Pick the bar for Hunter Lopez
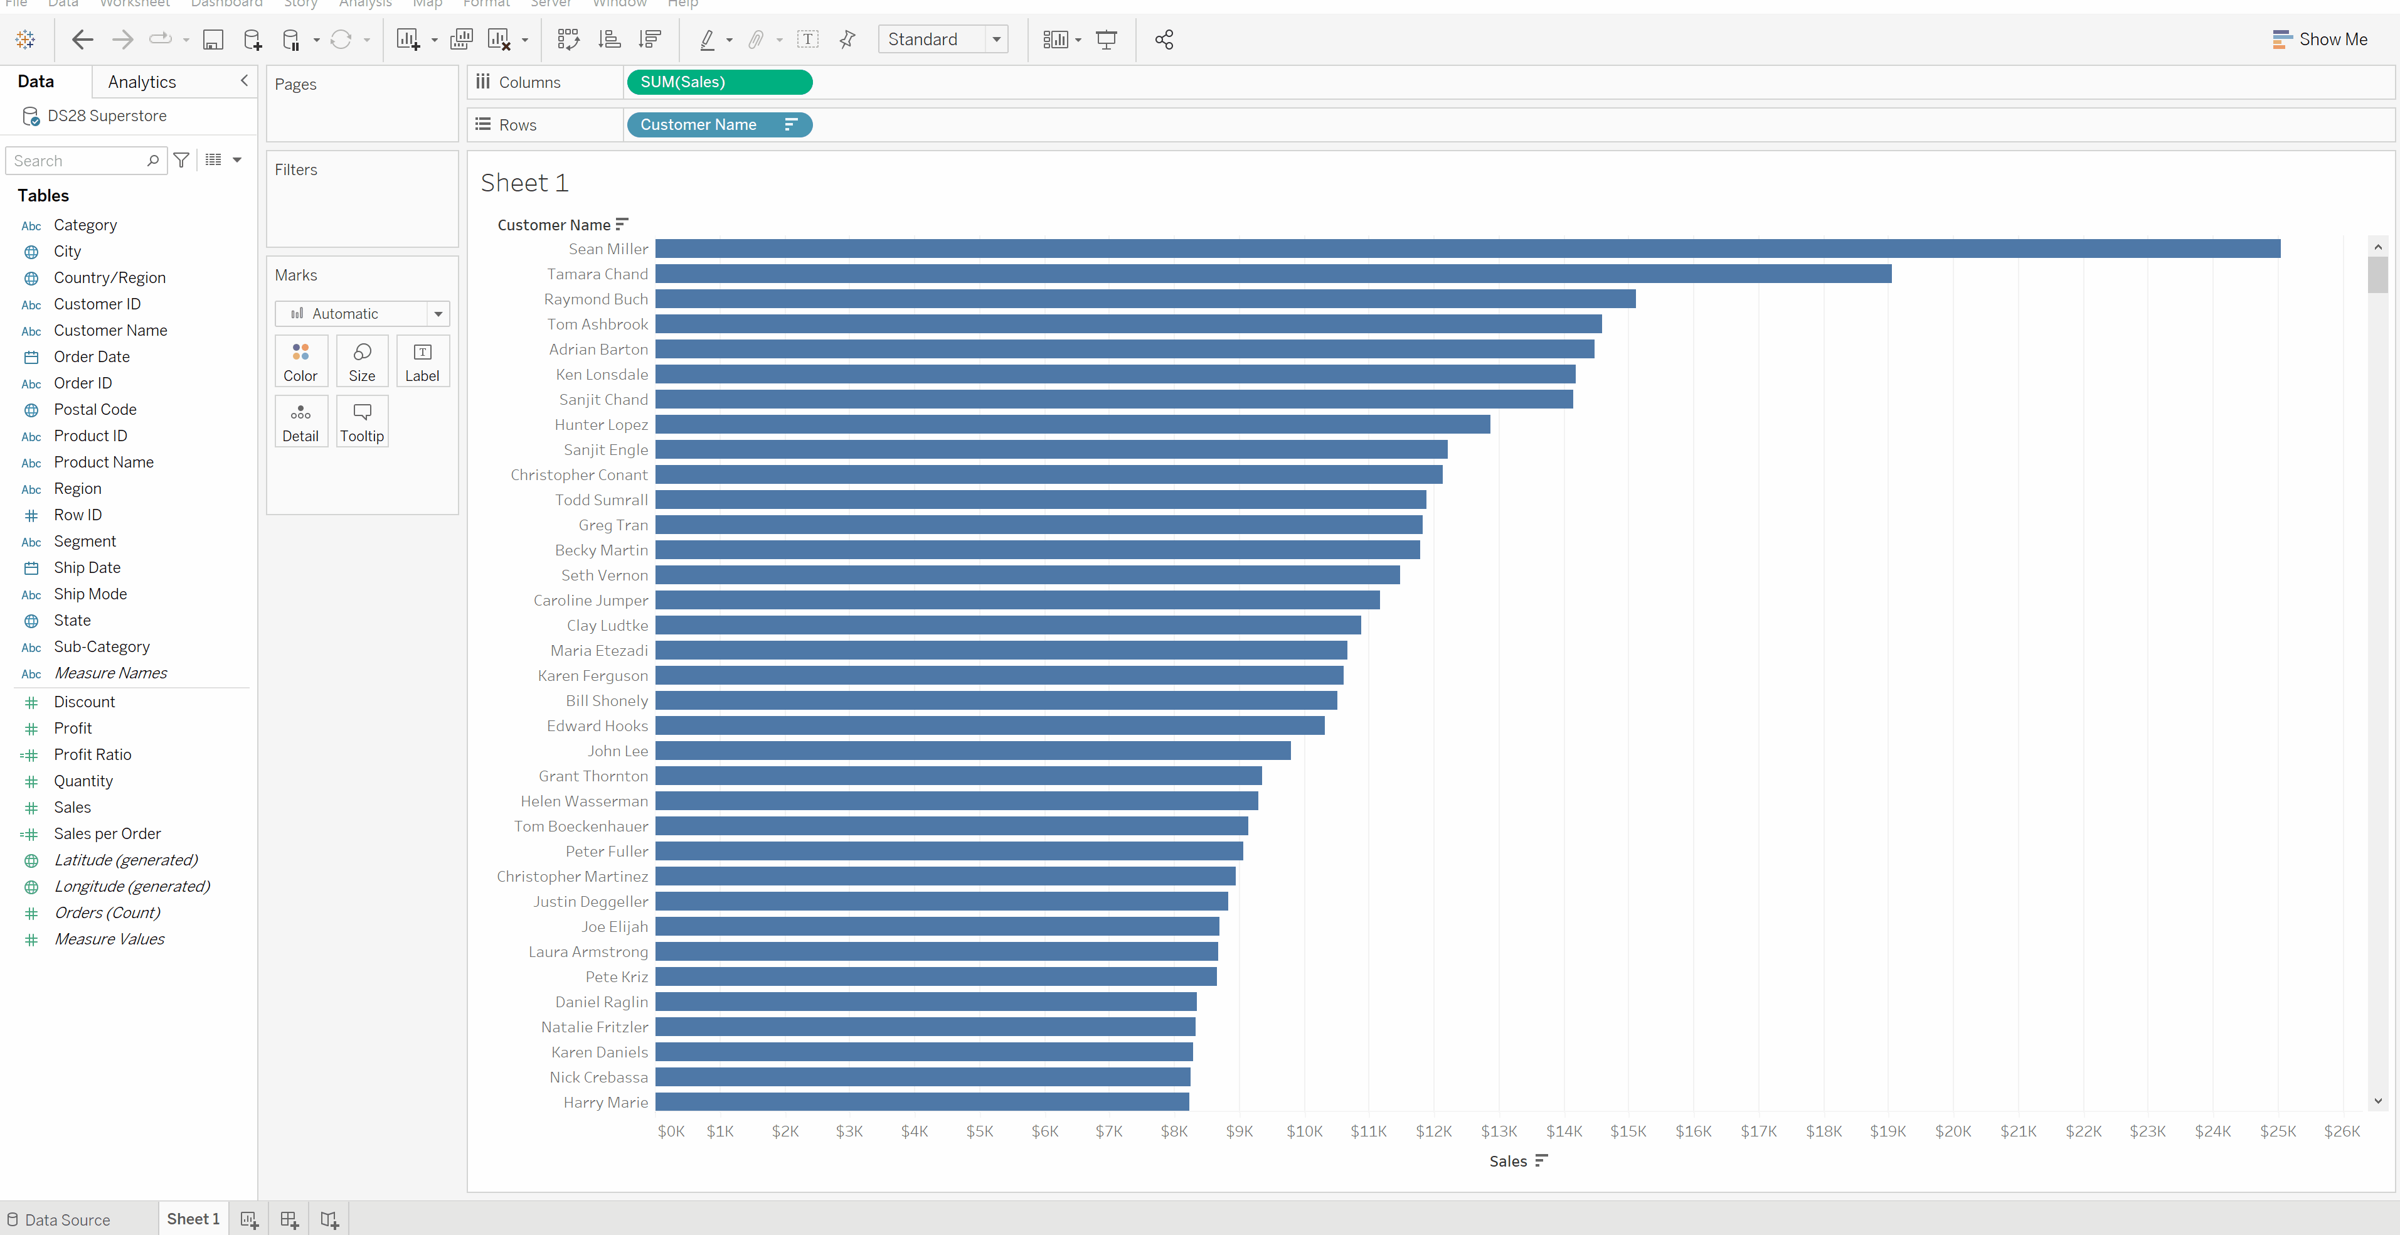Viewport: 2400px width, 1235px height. pyautogui.click(x=1073, y=425)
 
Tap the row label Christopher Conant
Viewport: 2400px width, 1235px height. pyautogui.click(x=578, y=475)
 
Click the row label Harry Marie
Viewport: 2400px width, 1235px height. pyautogui.click(x=605, y=1103)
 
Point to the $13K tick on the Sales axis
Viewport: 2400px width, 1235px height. pyautogui.click(x=1498, y=1131)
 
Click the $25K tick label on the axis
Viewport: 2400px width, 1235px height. pyautogui.click(x=2277, y=1131)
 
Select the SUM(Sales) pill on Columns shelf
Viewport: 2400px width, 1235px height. pyautogui.click(x=719, y=82)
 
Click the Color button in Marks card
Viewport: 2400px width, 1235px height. pyautogui.click(x=300, y=361)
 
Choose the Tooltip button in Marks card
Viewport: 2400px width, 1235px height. pyautogui.click(x=361, y=421)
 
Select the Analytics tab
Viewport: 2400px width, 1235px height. pyautogui.click(x=142, y=82)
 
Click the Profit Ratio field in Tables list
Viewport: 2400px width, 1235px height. pyautogui.click(x=92, y=755)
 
